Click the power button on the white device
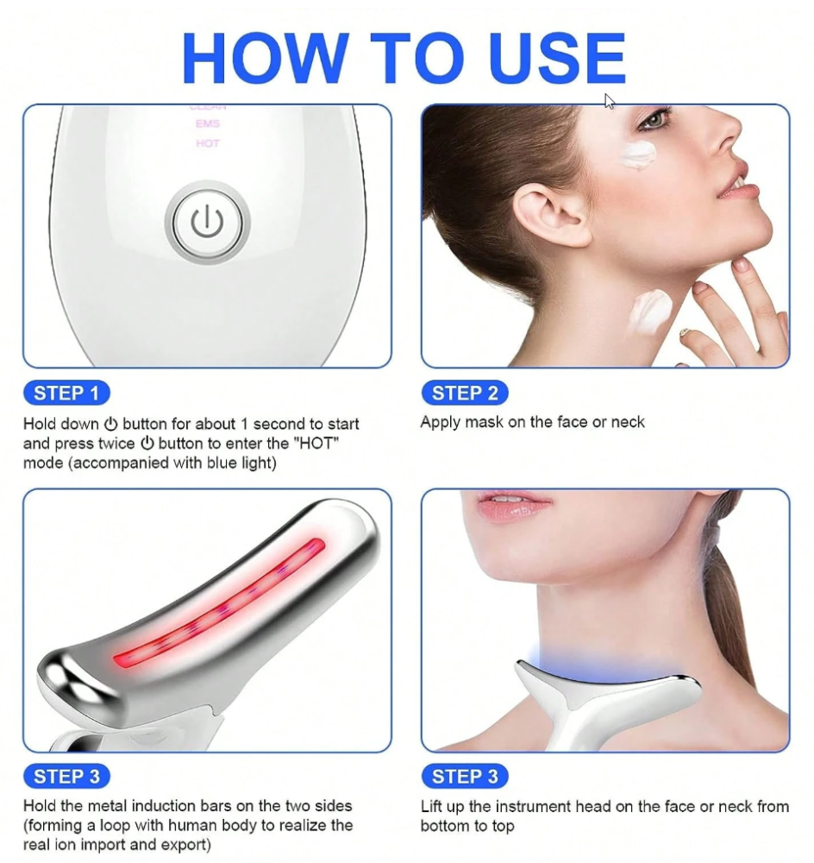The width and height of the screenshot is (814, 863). [207, 222]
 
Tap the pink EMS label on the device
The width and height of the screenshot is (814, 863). [207, 123]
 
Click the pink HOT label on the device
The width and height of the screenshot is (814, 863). [207, 143]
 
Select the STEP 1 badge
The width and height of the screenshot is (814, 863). [66, 393]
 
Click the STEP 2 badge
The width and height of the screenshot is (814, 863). [465, 393]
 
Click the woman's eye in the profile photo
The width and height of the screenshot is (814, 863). [654, 119]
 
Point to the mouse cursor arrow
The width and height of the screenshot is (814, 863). [609, 101]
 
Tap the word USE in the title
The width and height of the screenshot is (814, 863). [556, 58]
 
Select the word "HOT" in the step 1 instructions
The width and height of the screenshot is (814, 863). [317, 443]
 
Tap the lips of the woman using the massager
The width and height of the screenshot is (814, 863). [512, 505]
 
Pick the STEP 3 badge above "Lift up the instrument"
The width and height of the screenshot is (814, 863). [465, 777]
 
